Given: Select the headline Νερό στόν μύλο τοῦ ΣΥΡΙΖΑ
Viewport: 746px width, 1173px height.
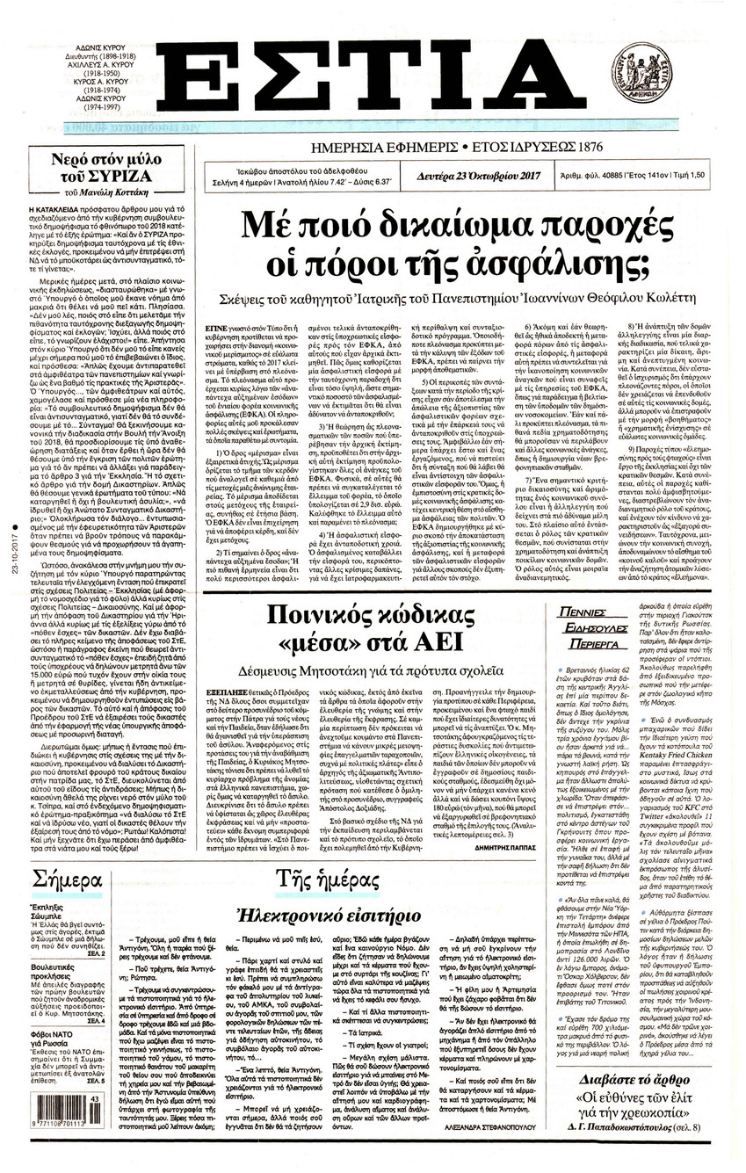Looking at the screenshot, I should (x=97, y=169).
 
